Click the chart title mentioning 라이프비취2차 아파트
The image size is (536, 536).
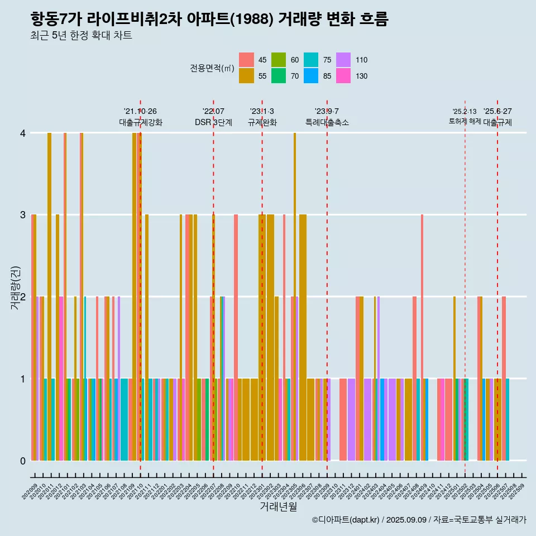click(209, 20)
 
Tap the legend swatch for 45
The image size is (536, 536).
click(246, 60)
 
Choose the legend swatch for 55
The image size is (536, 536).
click(246, 76)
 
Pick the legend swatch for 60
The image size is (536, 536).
click(279, 60)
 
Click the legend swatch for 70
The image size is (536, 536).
click(279, 76)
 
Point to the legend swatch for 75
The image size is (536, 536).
click(311, 60)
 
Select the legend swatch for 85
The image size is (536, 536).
click(311, 76)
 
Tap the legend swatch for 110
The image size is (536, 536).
click(343, 60)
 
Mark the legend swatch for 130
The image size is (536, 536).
click(343, 76)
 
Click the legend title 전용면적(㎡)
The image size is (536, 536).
click(212, 68)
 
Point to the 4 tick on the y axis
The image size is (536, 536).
click(23, 133)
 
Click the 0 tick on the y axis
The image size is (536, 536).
click(23, 461)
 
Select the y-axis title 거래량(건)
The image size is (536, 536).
click(16, 296)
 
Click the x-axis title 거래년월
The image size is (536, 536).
click(278, 506)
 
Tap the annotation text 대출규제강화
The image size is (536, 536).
click(141, 122)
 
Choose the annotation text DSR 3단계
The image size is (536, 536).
click(213, 122)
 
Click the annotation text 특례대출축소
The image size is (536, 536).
click(327, 122)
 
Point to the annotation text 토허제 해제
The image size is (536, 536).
click(465, 121)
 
